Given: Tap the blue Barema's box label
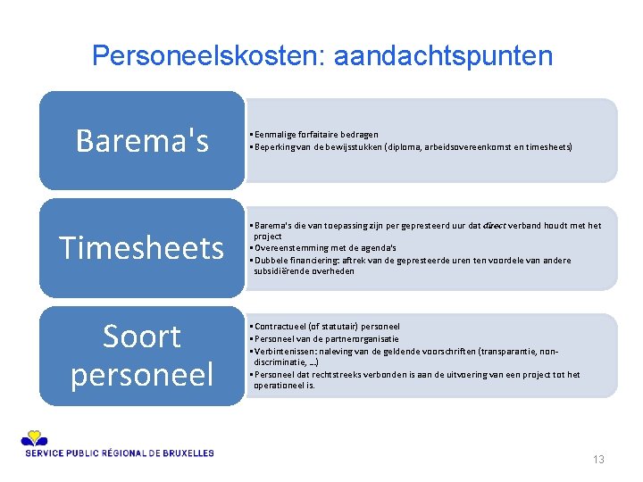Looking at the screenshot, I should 142,140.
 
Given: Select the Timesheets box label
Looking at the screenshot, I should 142,247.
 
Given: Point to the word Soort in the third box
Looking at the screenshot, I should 142,337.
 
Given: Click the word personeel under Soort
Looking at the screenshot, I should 142,373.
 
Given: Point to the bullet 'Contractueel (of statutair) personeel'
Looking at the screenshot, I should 327,327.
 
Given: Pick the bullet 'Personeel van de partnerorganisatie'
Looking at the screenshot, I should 326,338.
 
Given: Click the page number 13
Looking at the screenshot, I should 598,460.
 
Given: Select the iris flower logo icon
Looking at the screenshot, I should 33,437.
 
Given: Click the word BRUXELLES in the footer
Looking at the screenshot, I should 188,453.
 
